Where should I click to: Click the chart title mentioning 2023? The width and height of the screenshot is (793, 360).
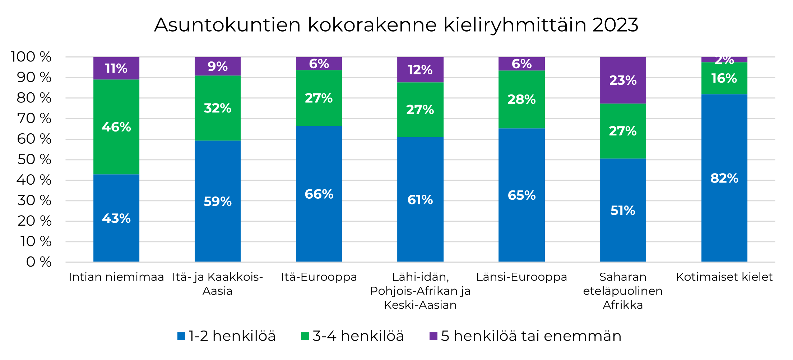tap(396, 25)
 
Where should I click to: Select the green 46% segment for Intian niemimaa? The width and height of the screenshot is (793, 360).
tap(116, 127)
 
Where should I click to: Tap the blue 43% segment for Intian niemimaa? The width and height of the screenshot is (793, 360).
tap(116, 218)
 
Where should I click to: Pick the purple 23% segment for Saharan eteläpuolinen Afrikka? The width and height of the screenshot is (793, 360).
tap(623, 80)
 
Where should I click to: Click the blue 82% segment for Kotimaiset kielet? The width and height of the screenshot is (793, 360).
tap(724, 178)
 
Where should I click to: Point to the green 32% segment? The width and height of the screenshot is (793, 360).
tap(217, 108)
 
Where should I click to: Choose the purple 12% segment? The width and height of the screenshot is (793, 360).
tap(420, 70)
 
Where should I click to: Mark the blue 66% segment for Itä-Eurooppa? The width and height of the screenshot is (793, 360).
tap(319, 194)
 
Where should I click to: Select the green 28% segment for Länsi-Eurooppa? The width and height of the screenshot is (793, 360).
tap(521, 100)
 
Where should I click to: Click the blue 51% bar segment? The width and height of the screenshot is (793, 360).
tap(623, 210)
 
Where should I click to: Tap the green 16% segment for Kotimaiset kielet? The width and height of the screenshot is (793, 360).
tap(724, 78)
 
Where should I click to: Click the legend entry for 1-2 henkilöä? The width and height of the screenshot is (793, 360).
tap(227, 336)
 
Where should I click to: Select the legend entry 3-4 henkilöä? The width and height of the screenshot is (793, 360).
tap(353, 336)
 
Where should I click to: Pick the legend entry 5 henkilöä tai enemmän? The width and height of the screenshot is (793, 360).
tap(525, 336)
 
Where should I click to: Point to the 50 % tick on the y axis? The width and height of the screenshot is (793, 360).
tap(34, 160)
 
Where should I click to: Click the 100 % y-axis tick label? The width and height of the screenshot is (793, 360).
tap(31, 57)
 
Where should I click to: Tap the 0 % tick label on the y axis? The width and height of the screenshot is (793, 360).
tap(38, 262)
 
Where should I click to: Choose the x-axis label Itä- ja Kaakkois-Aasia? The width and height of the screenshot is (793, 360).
tap(217, 283)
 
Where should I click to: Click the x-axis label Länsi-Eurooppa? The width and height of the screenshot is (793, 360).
tap(521, 277)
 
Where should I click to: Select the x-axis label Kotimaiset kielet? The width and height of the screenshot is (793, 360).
tap(724, 277)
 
